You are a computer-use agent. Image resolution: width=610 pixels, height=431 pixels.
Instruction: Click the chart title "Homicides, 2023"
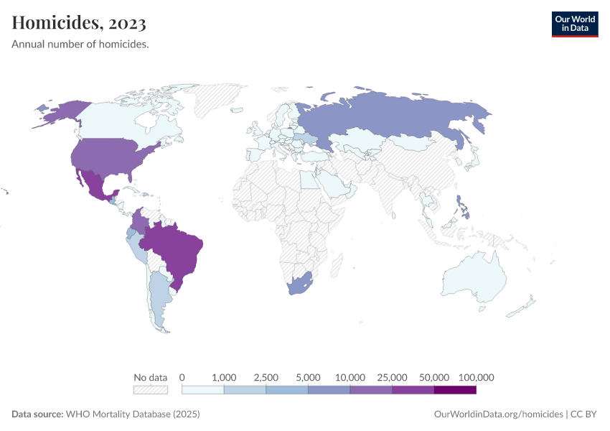click(x=79, y=23)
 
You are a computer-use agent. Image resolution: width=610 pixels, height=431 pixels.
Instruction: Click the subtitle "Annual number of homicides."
click(x=80, y=45)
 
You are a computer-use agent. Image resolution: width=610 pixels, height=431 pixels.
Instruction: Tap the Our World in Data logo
click(x=574, y=24)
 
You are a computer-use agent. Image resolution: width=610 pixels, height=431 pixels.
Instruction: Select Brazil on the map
click(x=176, y=248)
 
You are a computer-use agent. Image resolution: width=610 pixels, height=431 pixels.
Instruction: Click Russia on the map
click(x=402, y=115)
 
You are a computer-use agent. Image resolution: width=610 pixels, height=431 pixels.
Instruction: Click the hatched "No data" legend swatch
click(x=151, y=390)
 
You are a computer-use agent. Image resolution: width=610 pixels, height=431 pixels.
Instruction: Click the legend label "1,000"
click(x=225, y=377)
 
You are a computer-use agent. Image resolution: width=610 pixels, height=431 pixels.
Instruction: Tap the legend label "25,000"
click(x=393, y=377)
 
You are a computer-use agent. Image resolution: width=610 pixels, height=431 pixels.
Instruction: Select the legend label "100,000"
click(x=477, y=377)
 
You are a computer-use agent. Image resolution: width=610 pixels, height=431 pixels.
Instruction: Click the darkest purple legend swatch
click(x=455, y=390)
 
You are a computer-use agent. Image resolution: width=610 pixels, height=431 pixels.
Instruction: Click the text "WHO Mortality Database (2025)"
click(x=132, y=414)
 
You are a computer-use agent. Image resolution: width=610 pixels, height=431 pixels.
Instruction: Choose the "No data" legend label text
click(x=151, y=377)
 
